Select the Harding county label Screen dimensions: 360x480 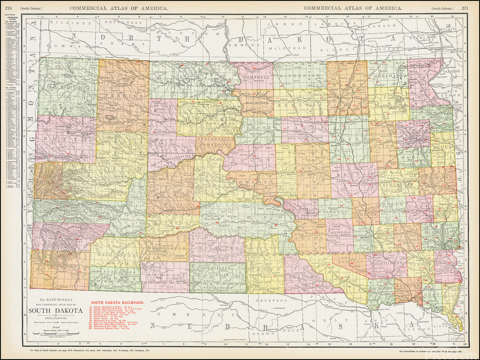[60, 86]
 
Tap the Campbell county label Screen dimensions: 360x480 [256, 77]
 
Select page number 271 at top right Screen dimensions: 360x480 [466, 8]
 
